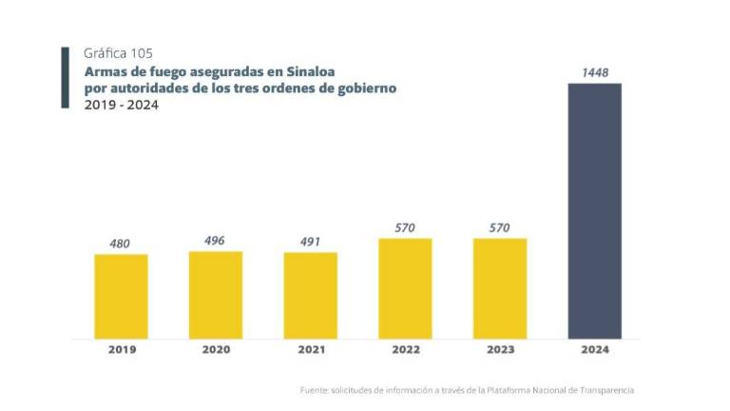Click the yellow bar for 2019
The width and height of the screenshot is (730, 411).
pos(121,296)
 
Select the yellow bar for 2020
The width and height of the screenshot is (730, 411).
pos(216,294)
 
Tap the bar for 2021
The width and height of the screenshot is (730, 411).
pos(310,295)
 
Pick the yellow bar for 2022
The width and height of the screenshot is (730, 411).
pos(405,288)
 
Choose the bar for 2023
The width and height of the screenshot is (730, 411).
pos(500,288)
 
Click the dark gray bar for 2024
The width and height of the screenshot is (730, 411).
pos(594,210)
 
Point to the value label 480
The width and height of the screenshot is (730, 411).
pos(120,244)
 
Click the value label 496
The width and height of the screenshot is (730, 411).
pos(215,241)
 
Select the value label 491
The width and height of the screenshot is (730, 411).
pos(310,242)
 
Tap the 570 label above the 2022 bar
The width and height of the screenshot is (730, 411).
pos(405,227)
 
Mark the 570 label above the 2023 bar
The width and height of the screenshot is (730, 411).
pos(500,227)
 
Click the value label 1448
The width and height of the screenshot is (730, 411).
pos(594,72)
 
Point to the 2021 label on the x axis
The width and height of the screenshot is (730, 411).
pos(310,349)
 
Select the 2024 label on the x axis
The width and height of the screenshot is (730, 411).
pos(594,349)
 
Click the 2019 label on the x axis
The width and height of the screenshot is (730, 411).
pos(121,349)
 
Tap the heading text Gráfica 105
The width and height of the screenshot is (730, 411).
pos(118,54)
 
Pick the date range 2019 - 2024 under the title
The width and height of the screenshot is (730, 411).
pos(121,105)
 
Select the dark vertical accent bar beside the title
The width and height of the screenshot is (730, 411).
pos(66,78)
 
